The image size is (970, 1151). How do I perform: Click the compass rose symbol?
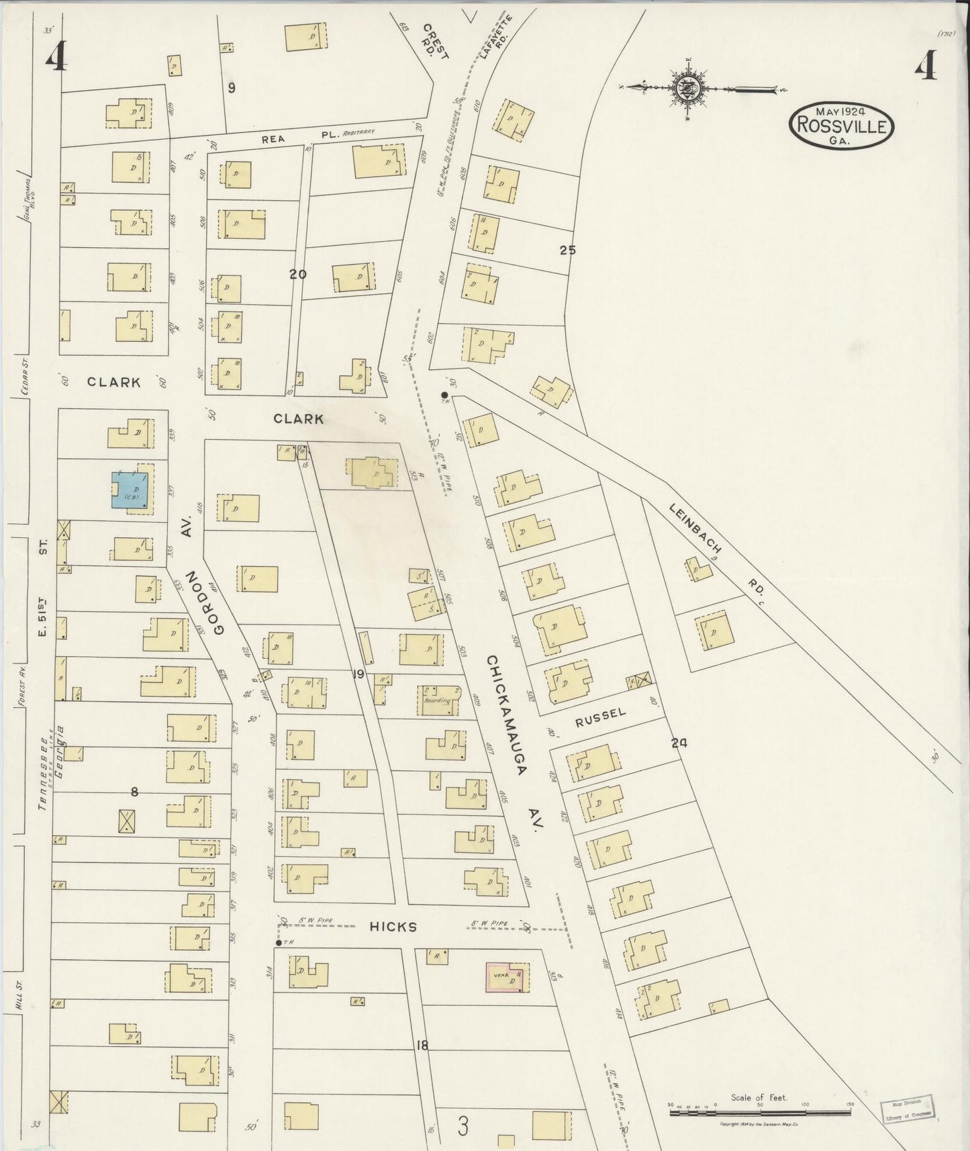click(x=689, y=88)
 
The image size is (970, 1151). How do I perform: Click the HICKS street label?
click(x=393, y=927)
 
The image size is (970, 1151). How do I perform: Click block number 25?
click(x=567, y=250)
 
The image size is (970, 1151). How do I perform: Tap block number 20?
click(x=297, y=273)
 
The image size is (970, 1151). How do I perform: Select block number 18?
click(x=422, y=1045)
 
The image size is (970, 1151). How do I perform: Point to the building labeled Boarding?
click(x=440, y=700)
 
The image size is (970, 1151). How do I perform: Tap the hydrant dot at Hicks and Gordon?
click(x=278, y=943)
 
